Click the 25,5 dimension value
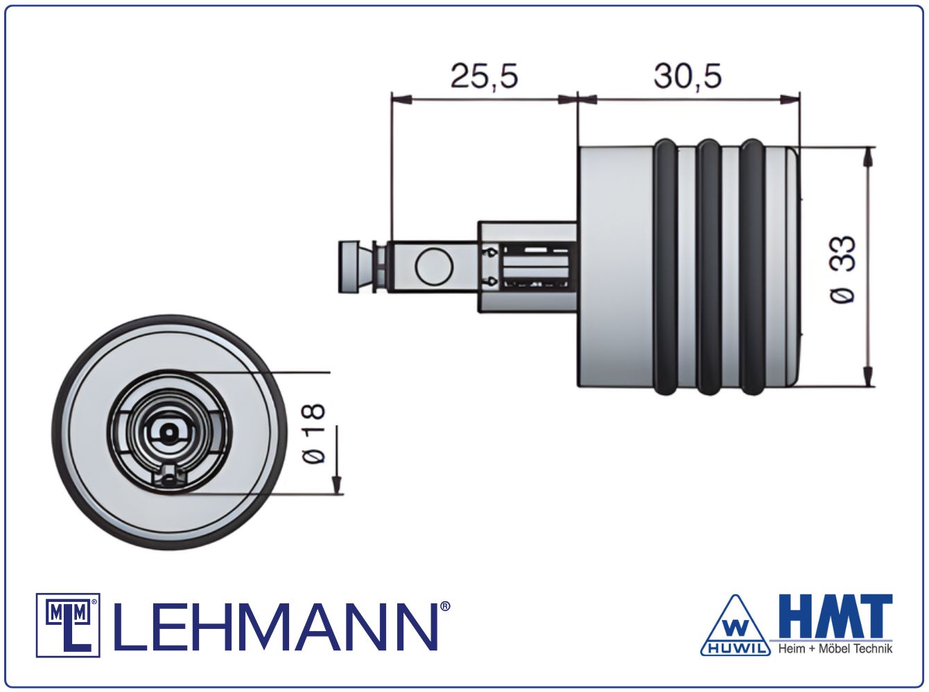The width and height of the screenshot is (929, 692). click(484, 76)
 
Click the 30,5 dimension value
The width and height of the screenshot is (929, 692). click(687, 76)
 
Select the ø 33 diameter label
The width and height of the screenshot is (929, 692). click(842, 269)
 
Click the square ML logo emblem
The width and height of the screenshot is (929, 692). click(68, 626)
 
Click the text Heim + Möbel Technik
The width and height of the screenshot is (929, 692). click(835, 649)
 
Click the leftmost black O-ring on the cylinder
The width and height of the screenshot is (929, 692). click(667, 267)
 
